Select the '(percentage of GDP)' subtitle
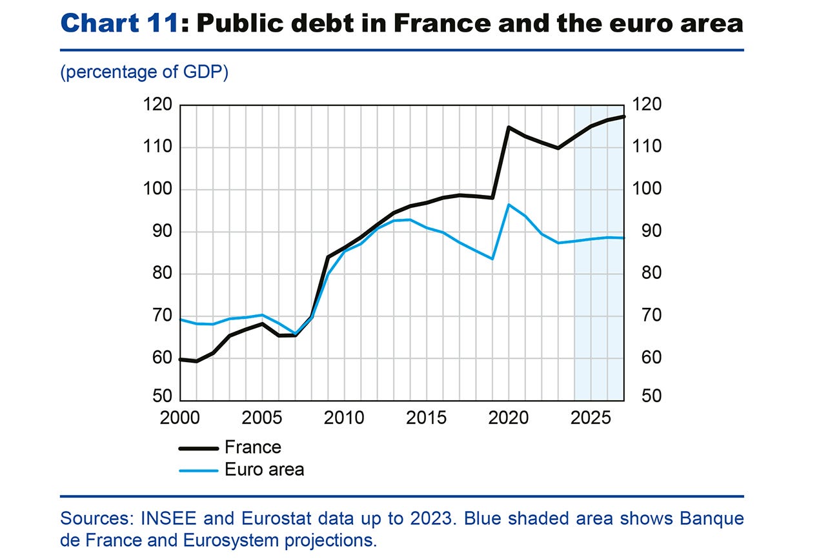(144, 72)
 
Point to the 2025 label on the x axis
(591, 418)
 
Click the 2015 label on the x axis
(427, 418)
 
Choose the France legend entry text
(253, 447)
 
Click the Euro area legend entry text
(264, 469)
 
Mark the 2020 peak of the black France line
(509, 127)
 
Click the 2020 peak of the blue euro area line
(509, 205)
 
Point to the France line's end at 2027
(623, 116)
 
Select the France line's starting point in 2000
(180, 360)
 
